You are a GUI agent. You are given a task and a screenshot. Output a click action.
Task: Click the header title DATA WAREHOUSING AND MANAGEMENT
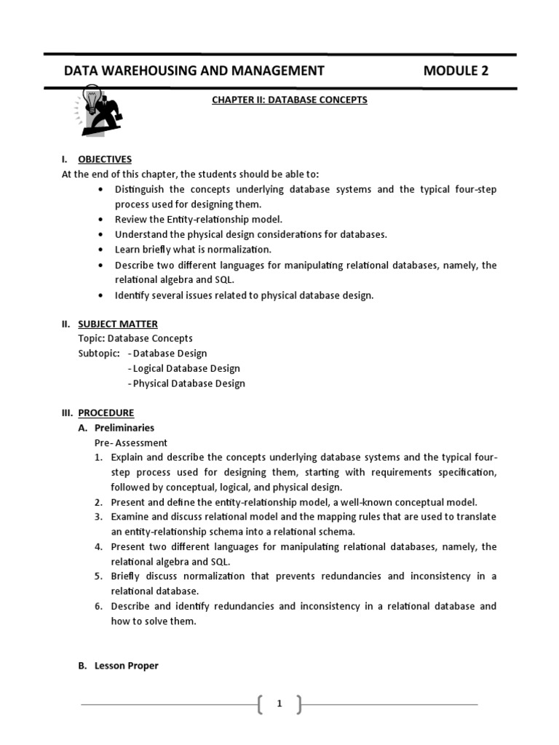tap(194, 71)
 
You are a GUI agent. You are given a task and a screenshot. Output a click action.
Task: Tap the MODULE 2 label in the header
tap(456, 71)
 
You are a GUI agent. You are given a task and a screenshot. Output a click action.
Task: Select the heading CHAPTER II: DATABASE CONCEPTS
tap(290, 100)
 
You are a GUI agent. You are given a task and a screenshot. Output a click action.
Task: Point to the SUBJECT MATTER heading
tap(118, 324)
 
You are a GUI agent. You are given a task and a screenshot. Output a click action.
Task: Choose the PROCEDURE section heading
tap(106, 413)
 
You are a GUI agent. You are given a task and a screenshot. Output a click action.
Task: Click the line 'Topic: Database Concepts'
tap(135, 338)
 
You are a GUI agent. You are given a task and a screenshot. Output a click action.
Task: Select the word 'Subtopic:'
tap(98, 354)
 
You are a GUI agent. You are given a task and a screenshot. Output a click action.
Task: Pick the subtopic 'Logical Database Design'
tap(186, 368)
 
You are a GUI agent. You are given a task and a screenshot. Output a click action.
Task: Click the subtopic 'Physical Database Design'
tap(189, 383)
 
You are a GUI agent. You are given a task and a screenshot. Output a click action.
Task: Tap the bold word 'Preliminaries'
tap(124, 428)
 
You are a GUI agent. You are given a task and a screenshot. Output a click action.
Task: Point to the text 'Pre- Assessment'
tap(131, 442)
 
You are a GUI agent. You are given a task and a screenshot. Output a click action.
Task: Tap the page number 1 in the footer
tap(279, 704)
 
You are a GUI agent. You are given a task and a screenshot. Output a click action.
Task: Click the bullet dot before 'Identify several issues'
tap(100, 295)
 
